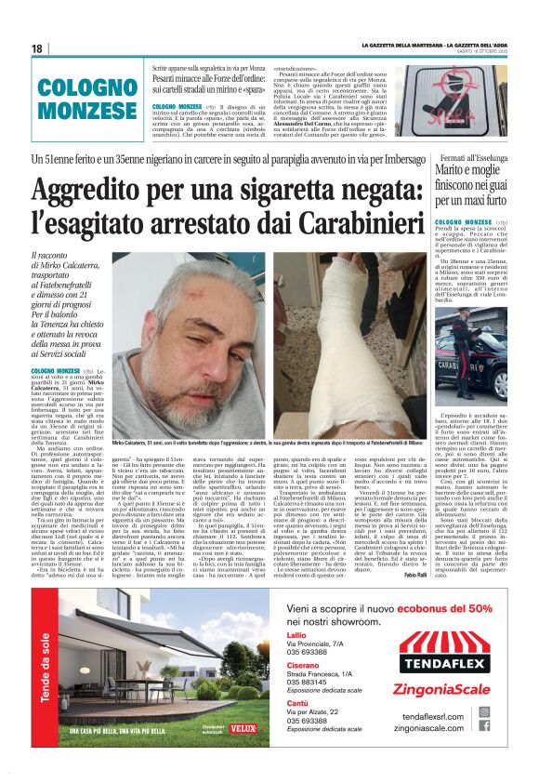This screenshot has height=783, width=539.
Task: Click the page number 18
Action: (x=36, y=48)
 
